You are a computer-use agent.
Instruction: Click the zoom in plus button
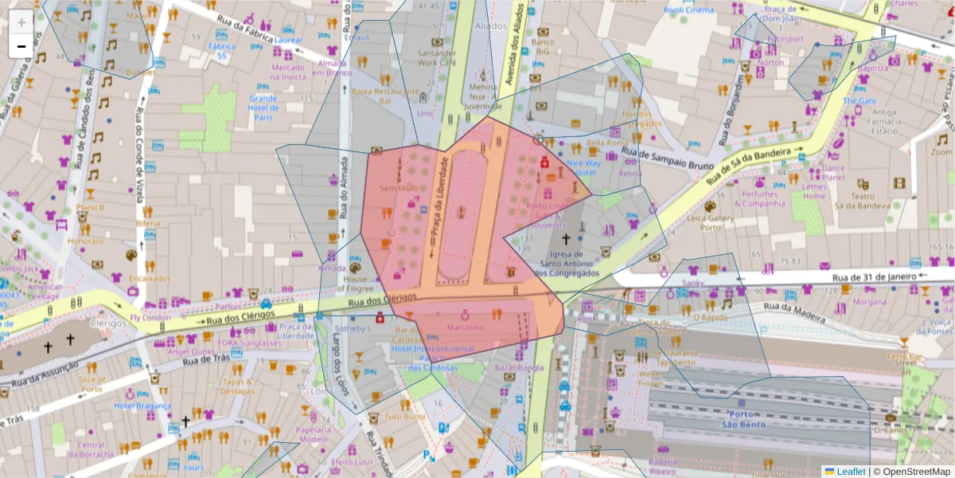[x=21, y=22]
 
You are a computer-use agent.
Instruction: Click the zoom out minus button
[x=21, y=46]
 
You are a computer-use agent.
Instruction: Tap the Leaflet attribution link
[x=851, y=472]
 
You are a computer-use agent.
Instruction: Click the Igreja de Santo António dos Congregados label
[x=569, y=264]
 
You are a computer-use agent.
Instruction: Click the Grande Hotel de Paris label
[x=263, y=108]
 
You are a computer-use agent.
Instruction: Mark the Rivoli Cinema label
[x=688, y=10]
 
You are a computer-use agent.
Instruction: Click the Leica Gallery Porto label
[x=710, y=222]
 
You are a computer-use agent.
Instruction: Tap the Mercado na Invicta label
[x=288, y=72]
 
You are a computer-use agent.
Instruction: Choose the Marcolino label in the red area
[x=466, y=327]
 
